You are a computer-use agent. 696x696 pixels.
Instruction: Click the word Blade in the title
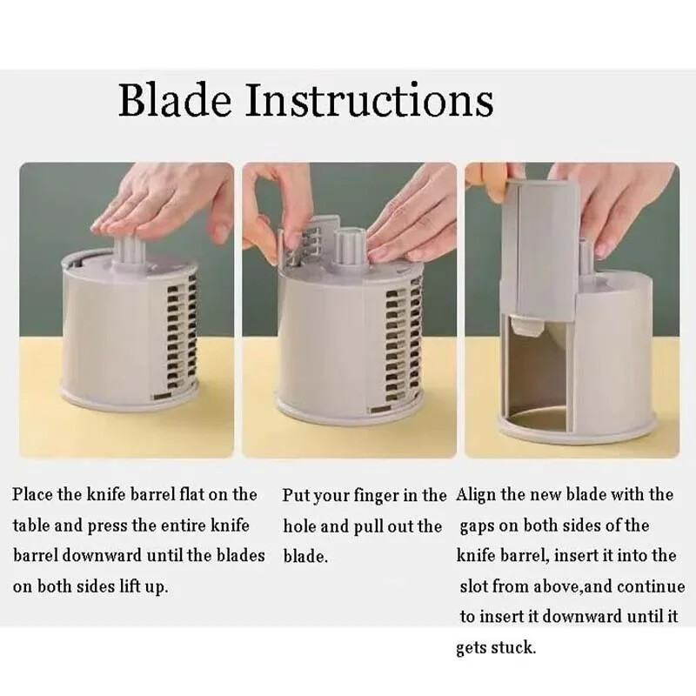click(175, 99)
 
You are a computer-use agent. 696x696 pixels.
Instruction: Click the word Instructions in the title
click(369, 99)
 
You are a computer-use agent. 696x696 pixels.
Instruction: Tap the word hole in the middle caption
click(299, 526)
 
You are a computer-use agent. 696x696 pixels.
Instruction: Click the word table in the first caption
click(31, 525)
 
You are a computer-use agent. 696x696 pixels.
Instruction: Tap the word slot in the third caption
click(473, 586)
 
